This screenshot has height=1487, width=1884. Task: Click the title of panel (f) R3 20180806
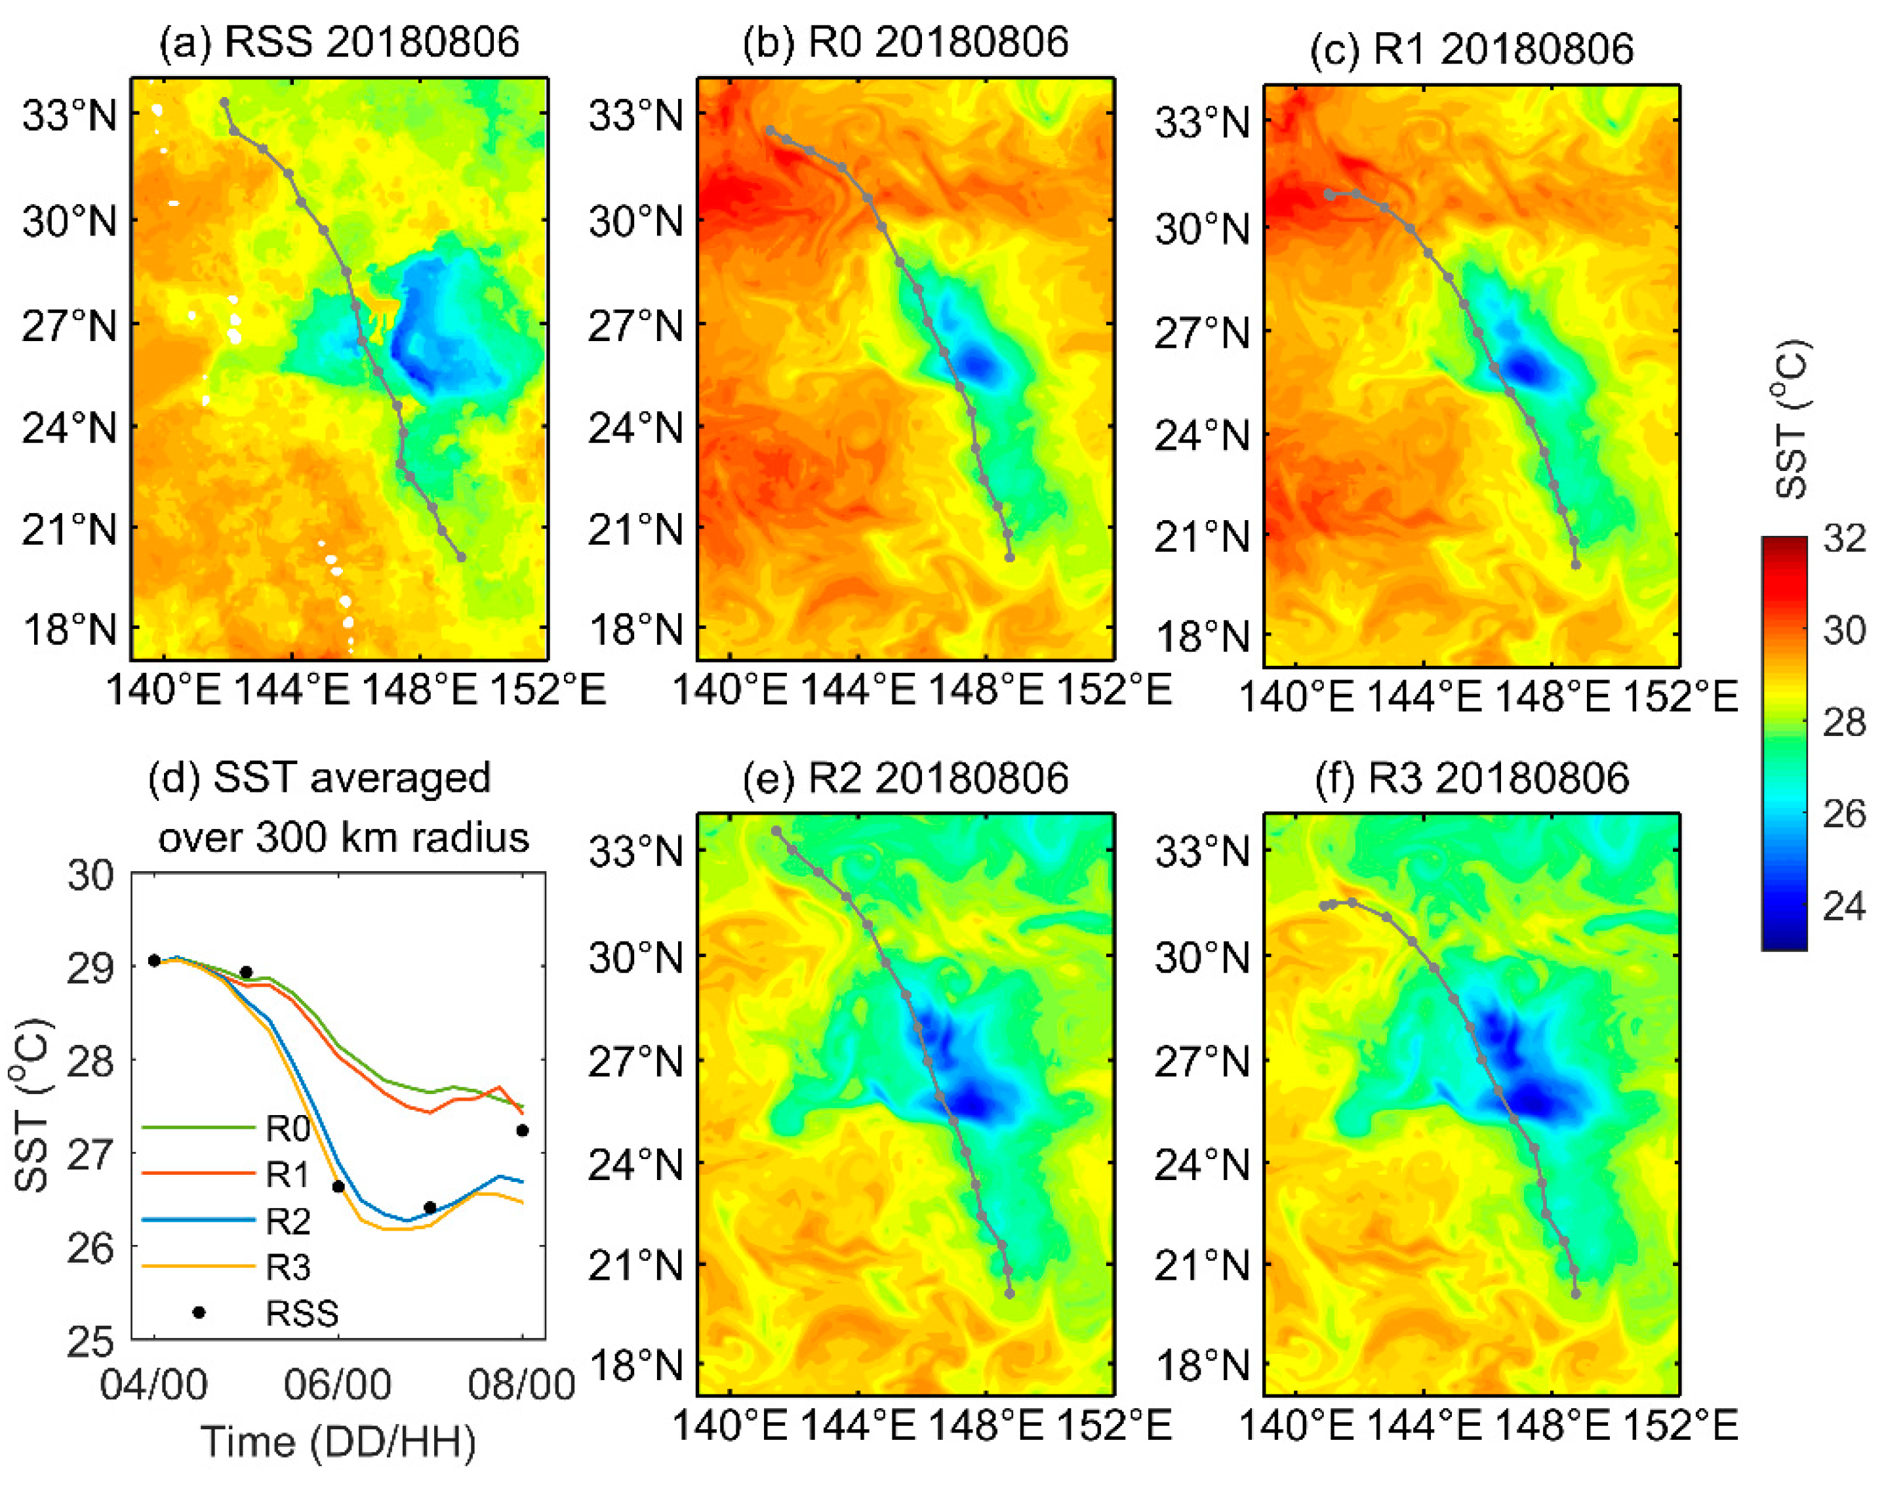tap(1471, 777)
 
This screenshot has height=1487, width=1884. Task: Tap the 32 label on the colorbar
tap(1844, 539)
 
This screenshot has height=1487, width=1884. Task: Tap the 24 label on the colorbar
tap(1844, 906)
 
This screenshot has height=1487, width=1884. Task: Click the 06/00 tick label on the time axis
tap(338, 1385)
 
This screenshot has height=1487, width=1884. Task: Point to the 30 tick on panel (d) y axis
tap(90, 875)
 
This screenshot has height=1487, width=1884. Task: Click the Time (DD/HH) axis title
tap(338, 1442)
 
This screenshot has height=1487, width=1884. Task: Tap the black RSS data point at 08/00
tap(522, 1131)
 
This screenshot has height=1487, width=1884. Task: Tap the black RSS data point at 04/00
tap(154, 960)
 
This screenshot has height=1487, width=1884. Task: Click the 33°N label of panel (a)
tap(70, 114)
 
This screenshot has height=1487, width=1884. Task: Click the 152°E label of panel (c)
tap(1680, 697)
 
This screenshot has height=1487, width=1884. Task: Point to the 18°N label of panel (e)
tap(636, 1365)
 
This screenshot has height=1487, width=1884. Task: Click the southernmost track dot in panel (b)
tap(1009, 557)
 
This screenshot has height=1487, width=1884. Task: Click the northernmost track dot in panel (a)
tap(224, 102)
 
